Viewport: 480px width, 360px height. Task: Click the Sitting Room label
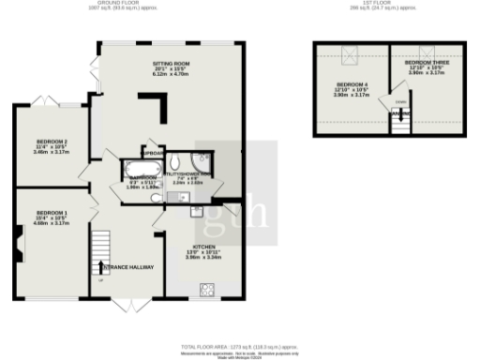click(x=172, y=63)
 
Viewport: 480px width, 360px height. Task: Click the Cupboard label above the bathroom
click(x=153, y=153)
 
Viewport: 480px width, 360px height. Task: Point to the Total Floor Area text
click(x=239, y=346)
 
